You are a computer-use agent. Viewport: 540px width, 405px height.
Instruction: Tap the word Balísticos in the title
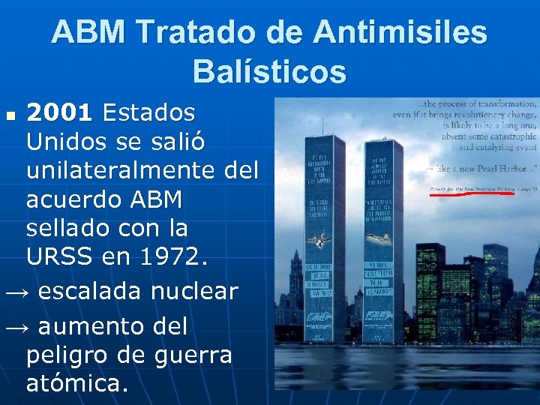pos(269,72)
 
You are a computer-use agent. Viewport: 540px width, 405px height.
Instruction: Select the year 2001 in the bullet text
pos(59,113)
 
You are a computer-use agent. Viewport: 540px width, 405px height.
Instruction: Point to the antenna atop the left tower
pos(312,120)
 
